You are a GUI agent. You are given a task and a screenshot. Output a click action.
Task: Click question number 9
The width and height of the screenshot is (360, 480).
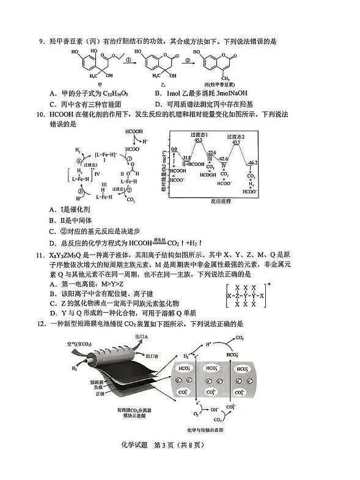tap(42, 42)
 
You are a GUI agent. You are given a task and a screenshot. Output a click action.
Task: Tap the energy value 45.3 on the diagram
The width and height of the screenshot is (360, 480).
tap(197, 140)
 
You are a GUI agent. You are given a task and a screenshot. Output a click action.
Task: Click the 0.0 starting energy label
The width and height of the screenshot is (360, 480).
tap(174, 149)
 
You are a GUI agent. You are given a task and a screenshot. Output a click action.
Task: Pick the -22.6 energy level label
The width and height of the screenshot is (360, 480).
tap(211, 152)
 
